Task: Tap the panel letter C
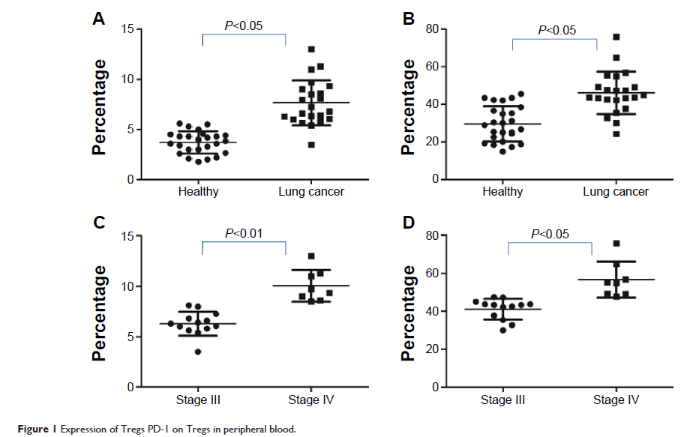(98, 223)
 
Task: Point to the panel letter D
(409, 223)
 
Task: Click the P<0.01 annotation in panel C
(244, 233)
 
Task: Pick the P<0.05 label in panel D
(550, 234)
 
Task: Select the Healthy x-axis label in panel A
(199, 192)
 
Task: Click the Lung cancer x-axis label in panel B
(616, 192)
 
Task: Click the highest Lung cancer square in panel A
(311, 49)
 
